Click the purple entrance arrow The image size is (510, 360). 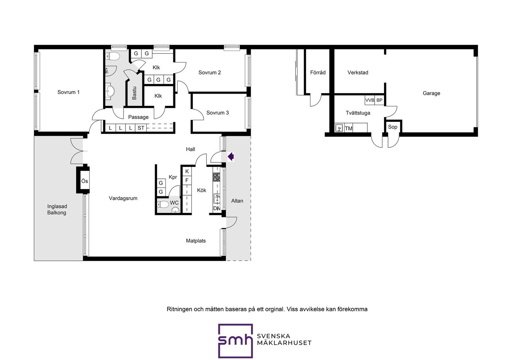coord(231,157)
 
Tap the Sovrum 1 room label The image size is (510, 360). coord(68,92)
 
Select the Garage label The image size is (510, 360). coord(431,93)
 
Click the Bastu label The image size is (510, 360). coord(134,93)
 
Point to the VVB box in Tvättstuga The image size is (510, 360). coord(370,100)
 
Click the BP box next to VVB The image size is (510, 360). coord(379,100)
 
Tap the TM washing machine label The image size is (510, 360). coord(349,129)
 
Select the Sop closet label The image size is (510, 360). coord(392,127)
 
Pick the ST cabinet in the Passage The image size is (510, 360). coord(141,128)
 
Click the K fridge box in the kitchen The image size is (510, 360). coord(187,171)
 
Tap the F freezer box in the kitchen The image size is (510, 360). coord(187,180)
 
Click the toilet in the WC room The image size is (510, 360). coord(163,204)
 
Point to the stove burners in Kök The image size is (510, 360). coord(216,177)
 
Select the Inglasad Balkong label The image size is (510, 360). coord(57,209)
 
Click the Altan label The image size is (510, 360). coord(237,201)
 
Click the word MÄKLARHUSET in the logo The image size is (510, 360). coord(284,343)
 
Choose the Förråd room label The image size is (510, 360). coord(318,72)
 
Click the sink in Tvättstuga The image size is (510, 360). coord(339,128)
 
